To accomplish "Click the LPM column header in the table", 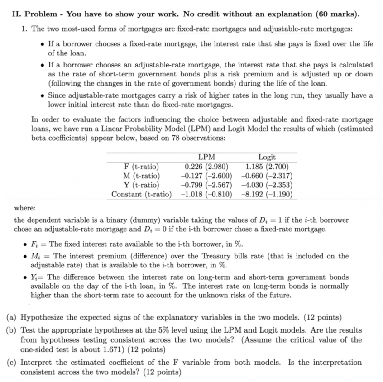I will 206,157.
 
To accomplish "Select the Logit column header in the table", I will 267,157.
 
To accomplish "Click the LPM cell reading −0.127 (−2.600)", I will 206,176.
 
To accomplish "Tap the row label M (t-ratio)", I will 141,176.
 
